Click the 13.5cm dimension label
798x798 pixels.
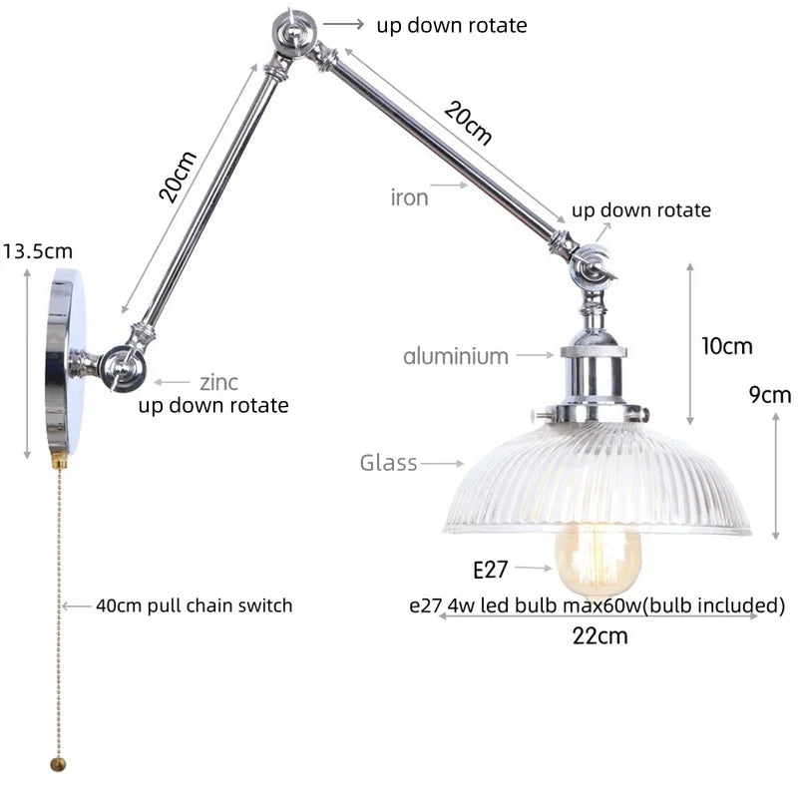click(x=38, y=251)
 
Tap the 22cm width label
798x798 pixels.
click(x=600, y=635)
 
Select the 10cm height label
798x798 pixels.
click(x=726, y=347)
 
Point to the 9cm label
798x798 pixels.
click(x=769, y=395)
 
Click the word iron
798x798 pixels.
click(x=409, y=198)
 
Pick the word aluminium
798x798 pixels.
click(x=456, y=356)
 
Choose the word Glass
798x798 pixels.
click(x=388, y=463)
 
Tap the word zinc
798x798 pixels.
click(x=219, y=381)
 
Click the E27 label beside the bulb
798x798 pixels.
click(x=491, y=570)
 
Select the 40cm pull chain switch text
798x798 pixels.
click(x=194, y=605)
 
